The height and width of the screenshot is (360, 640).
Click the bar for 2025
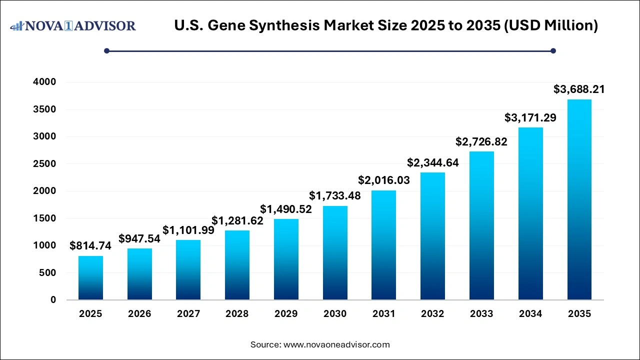tap(90, 278)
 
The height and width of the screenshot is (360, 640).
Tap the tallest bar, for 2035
tap(579, 200)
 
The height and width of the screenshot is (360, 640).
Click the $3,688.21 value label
tap(579, 89)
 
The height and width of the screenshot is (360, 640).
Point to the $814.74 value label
tap(90, 245)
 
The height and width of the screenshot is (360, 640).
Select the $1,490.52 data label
tap(285, 209)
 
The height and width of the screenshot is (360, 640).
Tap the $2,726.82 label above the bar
tap(481, 141)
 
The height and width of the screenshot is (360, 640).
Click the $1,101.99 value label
tap(188, 230)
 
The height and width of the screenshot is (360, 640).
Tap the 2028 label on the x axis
tap(237, 314)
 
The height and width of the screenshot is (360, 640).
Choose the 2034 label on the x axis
tap(530, 314)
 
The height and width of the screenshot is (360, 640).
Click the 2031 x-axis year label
tap(383, 314)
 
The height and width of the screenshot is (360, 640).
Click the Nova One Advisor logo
tap(73, 25)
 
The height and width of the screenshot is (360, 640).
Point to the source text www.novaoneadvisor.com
tap(336, 344)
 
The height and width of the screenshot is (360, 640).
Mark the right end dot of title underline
tap(553, 50)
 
